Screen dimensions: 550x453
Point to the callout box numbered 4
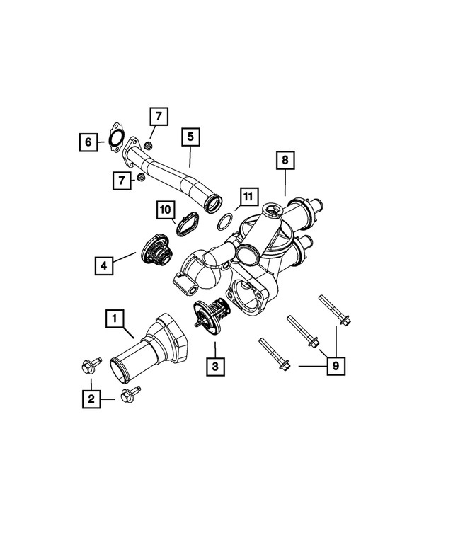pos(104,265)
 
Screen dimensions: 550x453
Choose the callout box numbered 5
pos(190,137)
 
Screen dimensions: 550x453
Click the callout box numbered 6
pos(88,142)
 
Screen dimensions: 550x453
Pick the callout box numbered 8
pos(284,161)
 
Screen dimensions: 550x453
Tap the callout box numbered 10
pos(165,210)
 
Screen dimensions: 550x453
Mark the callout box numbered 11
pos(246,195)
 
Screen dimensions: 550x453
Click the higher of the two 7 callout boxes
pos(159,115)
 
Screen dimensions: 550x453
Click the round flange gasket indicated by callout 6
pos(116,138)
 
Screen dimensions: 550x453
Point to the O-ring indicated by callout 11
pos(225,222)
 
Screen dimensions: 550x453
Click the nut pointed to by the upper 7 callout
pos(147,146)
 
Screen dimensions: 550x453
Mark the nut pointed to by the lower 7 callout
pos(140,177)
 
